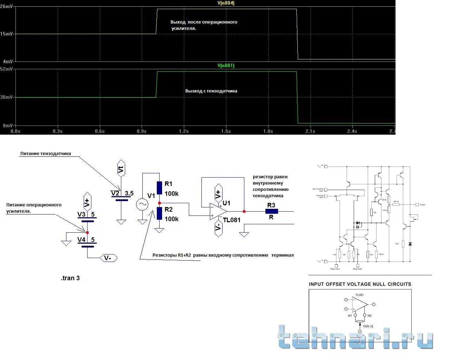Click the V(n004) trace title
point(226,3)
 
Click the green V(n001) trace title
point(226,65)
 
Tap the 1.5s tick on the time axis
point(226,131)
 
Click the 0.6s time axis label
point(99,131)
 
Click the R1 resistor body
point(159,188)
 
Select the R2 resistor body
point(159,213)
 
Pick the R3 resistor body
point(271,211)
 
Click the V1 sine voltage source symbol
point(142,204)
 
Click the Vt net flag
point(121,169)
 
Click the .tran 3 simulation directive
point(70,278)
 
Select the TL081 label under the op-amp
point(232,220)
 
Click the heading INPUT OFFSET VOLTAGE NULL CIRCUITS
point(360,284)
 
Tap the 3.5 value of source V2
point(129,193)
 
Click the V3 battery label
point(81,214)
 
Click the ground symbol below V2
point(121,222)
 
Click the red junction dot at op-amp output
point(244,211)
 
